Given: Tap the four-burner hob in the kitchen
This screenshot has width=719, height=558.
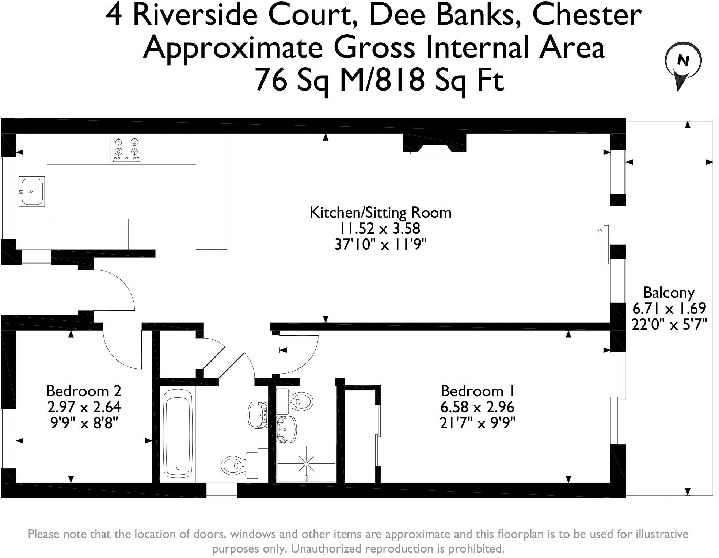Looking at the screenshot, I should click(126, 148).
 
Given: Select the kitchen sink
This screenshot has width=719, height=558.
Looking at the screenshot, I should click(31, 191).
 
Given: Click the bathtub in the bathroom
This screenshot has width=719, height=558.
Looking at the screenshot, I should click(178, 434).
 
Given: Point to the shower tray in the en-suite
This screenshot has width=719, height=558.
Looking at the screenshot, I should click(306, 463).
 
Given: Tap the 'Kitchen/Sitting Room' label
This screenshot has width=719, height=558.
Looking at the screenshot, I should click(380, 213).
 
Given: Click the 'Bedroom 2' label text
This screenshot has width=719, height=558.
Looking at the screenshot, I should click(84, 391).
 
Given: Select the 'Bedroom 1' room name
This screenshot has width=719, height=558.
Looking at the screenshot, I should click(478, 391).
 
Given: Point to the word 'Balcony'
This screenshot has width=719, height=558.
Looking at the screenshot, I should click(669, 293).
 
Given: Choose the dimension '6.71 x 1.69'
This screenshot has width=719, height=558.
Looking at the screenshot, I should click(669, 309).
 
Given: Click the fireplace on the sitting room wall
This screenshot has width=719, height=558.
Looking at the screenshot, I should click(435, 145).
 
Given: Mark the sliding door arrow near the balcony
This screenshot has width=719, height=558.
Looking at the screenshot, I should click(600, 244).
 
